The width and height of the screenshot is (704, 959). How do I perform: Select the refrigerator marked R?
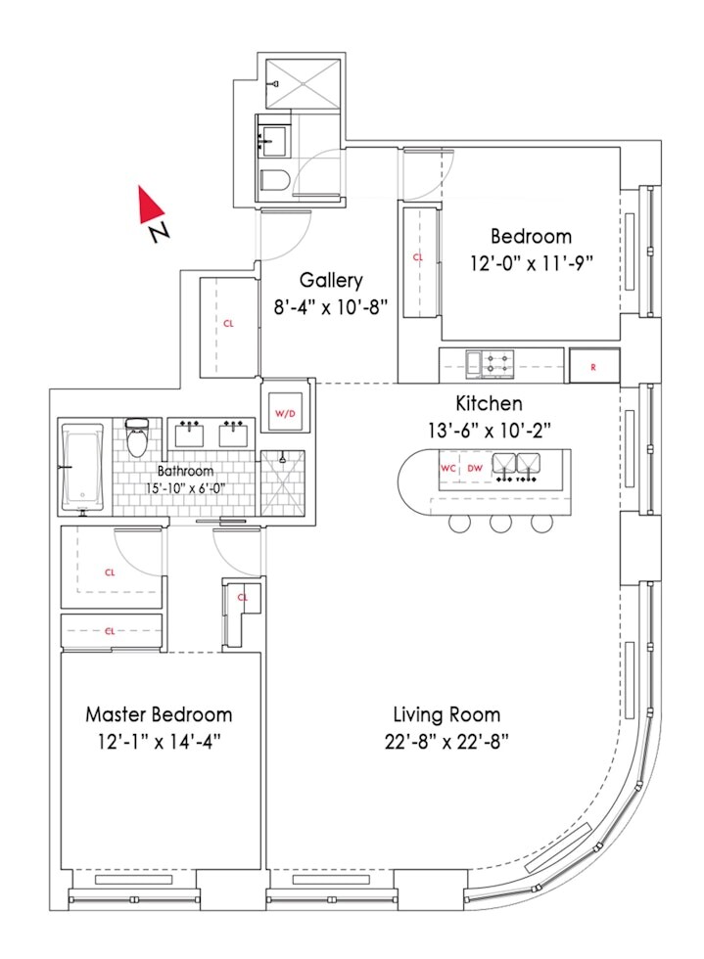(594, 366)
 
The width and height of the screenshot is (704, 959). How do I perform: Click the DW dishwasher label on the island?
(474, 469)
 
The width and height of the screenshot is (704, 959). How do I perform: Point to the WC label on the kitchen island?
(448, 469)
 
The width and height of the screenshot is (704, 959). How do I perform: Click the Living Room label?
(446, 714)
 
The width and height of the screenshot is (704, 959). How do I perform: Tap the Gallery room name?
(331, 280)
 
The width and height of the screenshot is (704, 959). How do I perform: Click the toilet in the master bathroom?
(137, 440)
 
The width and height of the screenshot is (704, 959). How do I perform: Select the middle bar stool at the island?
(500, 523)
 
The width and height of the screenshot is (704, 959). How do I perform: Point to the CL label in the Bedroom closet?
(418, 257)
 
